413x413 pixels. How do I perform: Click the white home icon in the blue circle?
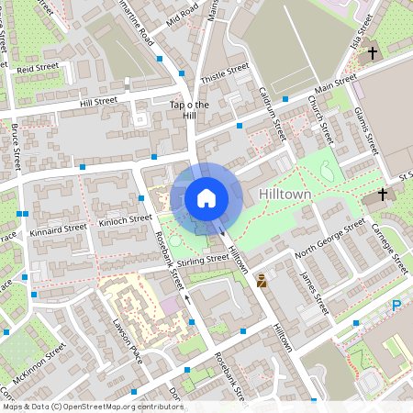click(x=206, y=197)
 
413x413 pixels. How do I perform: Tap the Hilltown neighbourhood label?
click(x=285, y=195)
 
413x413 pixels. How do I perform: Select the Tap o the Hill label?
click(x=191, y=110)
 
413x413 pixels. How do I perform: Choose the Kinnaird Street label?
click(x=57, y=227)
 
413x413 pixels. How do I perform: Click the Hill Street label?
click(x=99, y=101)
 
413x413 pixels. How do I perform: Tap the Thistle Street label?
click(x=225, y=74)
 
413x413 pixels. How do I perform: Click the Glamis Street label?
click(x=366, y=130)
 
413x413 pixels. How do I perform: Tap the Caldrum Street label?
click(x=273, y=114)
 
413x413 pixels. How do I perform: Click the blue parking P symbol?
click(x=396, y=307)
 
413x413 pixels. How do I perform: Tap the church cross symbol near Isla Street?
click(x=373, y=53)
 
